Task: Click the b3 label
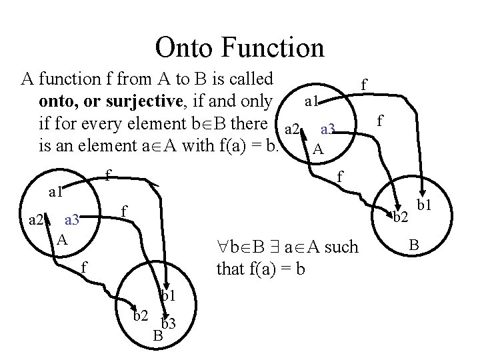168,325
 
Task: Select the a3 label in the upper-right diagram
331,129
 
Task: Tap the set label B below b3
158,335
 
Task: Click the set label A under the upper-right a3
319,150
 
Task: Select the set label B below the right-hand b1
413,247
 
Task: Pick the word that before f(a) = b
231,270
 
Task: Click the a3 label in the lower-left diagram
71,219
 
